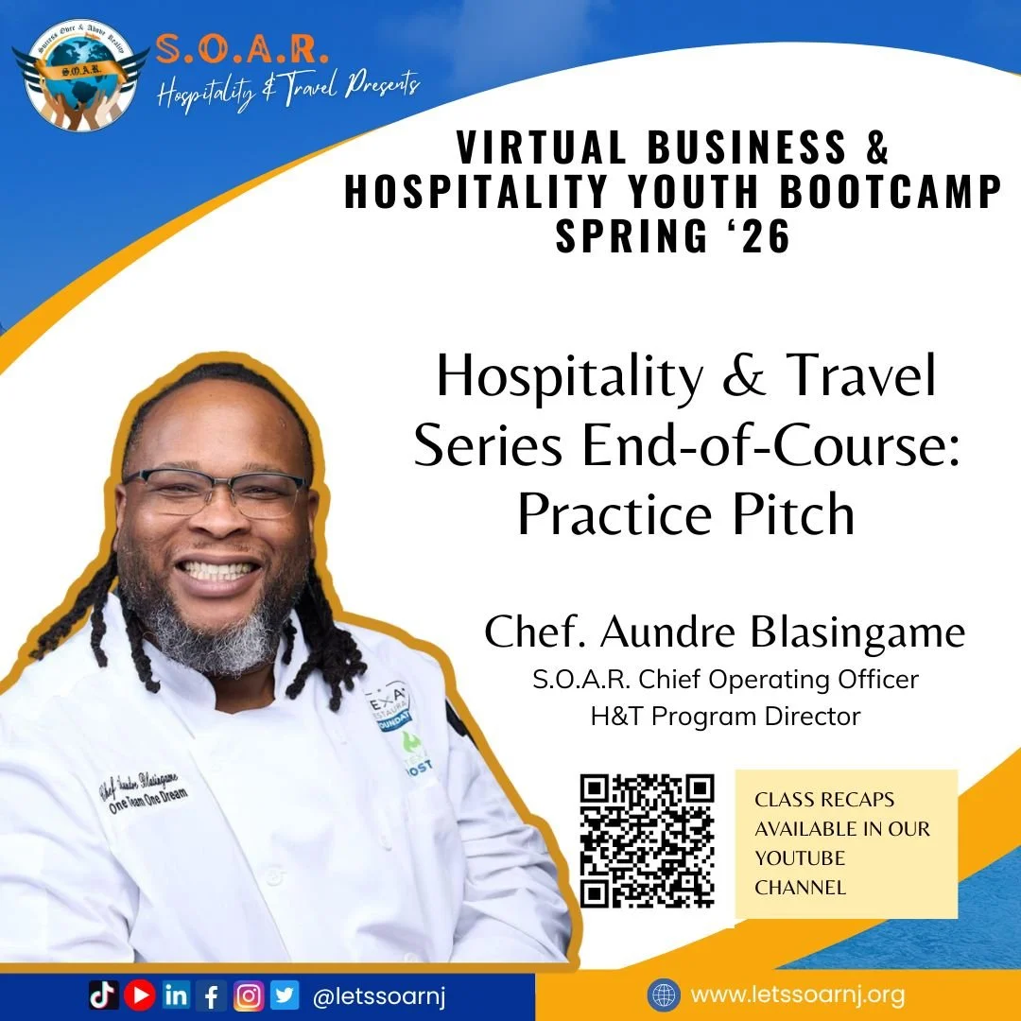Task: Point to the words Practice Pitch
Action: tap(685, 514)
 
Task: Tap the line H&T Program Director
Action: tap(725, 717)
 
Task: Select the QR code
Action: tap(647, 840)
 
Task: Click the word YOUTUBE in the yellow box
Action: tap(800, 858)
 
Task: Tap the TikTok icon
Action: tap(103, 995)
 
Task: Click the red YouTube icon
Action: tap(139, 995)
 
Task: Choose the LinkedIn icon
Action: tap(176, 995)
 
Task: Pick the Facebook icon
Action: tap(211, 995)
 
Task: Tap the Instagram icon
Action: tap(248, 995)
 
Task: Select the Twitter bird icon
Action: tap(285, 995)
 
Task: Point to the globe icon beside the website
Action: tap(663, 995)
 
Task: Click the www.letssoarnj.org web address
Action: tap(798, 995)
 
